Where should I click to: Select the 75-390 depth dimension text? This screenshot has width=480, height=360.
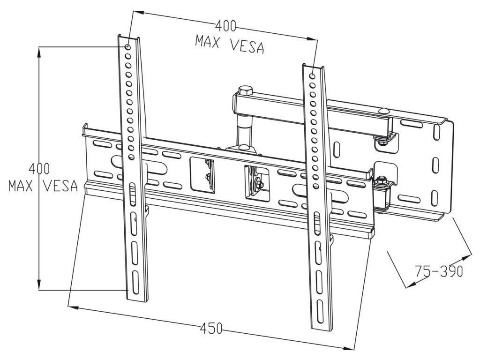point(439,271)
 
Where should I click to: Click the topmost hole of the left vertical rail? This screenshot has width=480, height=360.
point(127,47)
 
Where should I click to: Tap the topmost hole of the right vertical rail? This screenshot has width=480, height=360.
point(313,75)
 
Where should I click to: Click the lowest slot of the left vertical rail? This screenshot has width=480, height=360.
point(136,280)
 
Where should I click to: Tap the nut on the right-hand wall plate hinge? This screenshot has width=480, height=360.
point(382,180)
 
